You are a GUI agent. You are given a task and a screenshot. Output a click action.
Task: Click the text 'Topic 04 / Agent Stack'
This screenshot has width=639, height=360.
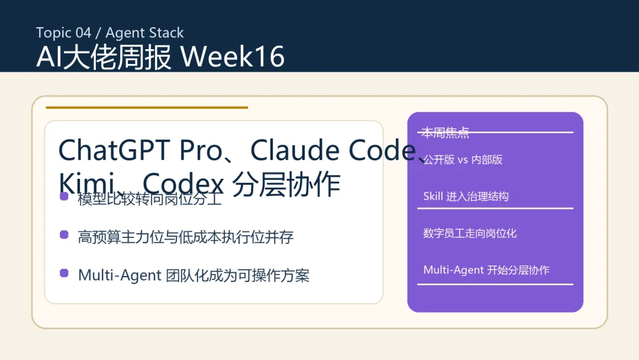coord(110,33)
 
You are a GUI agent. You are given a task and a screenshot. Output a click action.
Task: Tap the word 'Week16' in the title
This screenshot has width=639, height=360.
coord(233,57)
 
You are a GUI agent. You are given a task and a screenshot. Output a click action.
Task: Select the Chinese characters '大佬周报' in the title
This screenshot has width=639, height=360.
coord(117,57)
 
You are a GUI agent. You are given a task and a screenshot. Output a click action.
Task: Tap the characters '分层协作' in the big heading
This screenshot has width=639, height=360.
coord(286,184)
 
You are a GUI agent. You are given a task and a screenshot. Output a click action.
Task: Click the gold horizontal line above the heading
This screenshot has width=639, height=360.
coord(147,108)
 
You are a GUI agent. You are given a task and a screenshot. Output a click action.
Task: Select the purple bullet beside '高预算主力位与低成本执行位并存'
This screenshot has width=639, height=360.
coord(64,235)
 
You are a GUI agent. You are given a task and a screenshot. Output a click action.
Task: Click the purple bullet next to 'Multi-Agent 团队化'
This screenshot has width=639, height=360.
coord(64,273)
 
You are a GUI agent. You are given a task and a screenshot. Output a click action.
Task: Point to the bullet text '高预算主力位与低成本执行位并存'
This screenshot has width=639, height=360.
coord(186,237)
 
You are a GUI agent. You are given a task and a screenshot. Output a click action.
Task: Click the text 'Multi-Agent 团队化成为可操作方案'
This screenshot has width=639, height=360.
coord(193,275)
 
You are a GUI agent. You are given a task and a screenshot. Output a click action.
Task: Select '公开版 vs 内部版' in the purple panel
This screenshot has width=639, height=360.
coord(463,160)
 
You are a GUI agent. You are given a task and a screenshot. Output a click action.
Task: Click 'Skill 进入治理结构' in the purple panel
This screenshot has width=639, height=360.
coord(466,197)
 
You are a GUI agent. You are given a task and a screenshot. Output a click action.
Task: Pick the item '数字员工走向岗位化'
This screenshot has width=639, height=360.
coord(470,233)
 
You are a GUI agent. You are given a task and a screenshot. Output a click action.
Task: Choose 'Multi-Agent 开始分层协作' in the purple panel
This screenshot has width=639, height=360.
coord(486,270)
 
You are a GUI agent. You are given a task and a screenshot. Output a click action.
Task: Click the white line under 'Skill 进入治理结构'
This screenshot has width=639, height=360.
coord(495,208)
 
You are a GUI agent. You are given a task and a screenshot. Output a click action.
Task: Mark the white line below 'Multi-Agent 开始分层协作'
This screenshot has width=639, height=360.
coord(495,284)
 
